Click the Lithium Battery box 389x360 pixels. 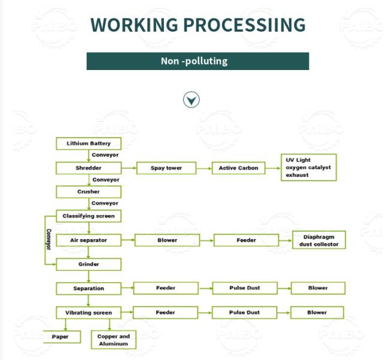[x=89, y=144]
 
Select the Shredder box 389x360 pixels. [x=89, y=168]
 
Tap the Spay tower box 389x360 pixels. [x=166, y=168]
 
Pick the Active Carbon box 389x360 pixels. [x=238, y=168]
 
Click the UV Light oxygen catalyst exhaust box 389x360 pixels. [x=309, y=167]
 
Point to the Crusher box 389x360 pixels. [x=89, y=192]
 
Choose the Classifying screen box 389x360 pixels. [x=89, y=216]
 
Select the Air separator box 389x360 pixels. [x=89, y=240]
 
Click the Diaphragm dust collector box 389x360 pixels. [x=319, y=240]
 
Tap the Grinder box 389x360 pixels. [x=89, y=264]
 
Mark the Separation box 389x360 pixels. [x=89, y=289]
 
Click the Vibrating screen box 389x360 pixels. [x=89, y=313]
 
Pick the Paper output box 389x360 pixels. [x=62, y=337]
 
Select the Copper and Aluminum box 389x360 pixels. [x=113, y=340]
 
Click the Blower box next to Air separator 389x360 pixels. [x=167, y=240]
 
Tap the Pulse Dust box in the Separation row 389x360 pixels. [x=245, y=288]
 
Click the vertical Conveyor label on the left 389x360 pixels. [x=48, y=240]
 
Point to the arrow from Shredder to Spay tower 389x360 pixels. [x=129, y=168]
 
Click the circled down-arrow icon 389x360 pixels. [x=192, y=100]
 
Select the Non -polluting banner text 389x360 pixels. [x=194, y=61]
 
